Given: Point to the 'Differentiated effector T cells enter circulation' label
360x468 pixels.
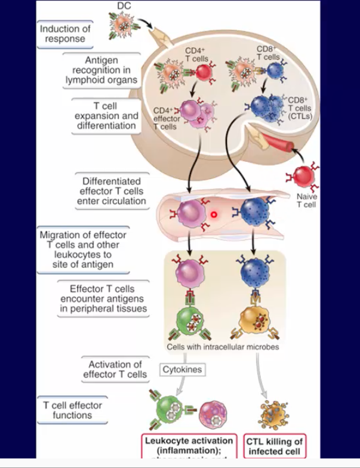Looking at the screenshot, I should pos(111,191).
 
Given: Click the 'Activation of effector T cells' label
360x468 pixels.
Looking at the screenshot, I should pos(117,370).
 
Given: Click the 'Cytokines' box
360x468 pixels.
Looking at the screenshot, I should pos(182,370).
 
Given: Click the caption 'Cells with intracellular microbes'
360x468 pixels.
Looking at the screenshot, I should pos(224,347).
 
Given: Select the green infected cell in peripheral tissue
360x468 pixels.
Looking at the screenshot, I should pos(190,319).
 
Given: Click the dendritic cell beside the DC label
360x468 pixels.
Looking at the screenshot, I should pos(123,26).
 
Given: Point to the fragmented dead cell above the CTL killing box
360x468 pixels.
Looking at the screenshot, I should pos(273,412).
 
